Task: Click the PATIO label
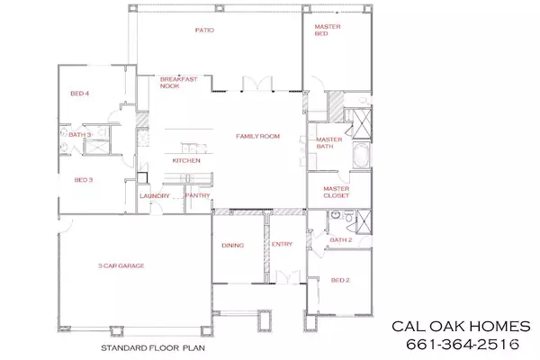tap(204, 30)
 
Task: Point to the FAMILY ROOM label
tap(258, 136)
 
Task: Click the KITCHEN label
tap(186, 160)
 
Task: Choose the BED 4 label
tap(80, 93)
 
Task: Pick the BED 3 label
tap(84, 180)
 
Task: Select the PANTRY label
tap(197, 195)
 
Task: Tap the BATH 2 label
tap(340, 240)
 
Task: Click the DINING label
tap(233, 244)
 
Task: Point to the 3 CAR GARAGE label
tap(122, 265)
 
